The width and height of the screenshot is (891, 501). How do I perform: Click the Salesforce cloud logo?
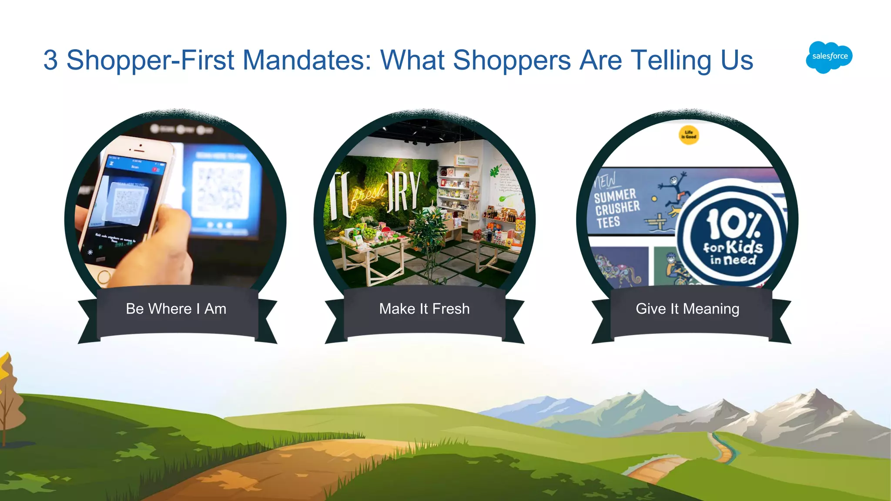click(x=829, y=57)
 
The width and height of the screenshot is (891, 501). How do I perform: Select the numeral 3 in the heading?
click(x=50, y=60)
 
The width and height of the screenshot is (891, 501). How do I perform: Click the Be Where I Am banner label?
click(x=176, y=309)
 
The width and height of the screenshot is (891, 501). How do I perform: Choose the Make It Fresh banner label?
click(x=424, y=309)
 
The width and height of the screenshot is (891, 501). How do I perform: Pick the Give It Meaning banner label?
click(x=687, y=309)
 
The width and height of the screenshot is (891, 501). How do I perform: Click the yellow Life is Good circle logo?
click(x=689, y=134)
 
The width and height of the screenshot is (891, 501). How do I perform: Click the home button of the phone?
click(x=104, y=276)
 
